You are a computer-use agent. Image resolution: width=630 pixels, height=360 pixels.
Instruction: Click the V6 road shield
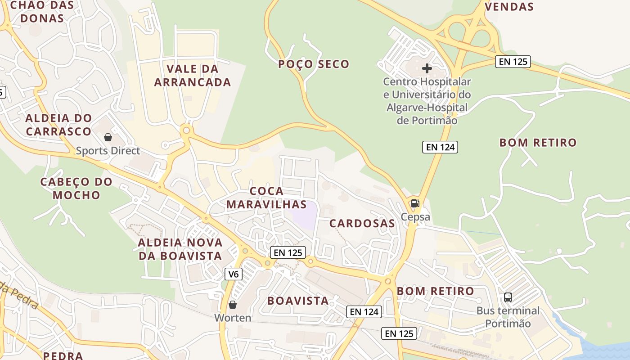pyautogui.click(x=233, y=274)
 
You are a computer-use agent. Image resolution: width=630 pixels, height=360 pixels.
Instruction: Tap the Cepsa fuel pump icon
pyautogui.click(x=415, y=203)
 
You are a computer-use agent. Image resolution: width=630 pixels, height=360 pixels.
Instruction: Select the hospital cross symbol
pyautogui.click(x=427, y=68)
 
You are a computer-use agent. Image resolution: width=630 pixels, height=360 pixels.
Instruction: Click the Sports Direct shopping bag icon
pyautogui.click(x=108, y=137)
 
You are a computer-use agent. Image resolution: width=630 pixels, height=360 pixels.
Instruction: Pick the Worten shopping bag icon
pyautogui.click(x=233, y=305)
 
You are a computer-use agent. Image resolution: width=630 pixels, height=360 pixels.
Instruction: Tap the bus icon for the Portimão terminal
pyautogui.click(x=508, y=297)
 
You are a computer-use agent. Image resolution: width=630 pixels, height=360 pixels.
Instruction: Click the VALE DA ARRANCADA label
pyautogui.click(x=193, y=76)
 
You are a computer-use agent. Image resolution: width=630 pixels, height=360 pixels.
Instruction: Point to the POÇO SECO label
pyautogui.click(x=314, y=64)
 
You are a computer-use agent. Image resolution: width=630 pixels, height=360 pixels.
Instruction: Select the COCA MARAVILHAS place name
pyautogui.click(x=266, y=198)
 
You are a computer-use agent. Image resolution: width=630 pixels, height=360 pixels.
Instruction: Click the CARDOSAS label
pyautogui.click(x=362, y=223)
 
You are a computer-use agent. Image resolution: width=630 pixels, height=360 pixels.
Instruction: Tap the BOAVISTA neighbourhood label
pyautogui.click(x=298, y=301)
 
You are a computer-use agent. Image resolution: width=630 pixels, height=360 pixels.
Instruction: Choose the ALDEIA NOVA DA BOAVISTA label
pyautogui.click(x=180, y=249)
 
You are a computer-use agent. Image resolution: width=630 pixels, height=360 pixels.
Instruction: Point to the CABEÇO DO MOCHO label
pyautogui.click(x=76, y=189)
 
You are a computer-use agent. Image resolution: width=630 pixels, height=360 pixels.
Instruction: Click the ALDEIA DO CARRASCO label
pyautogui.click(x=58, y=125)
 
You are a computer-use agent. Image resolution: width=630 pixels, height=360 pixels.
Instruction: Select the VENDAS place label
pyautogui.click(x=509, y=7)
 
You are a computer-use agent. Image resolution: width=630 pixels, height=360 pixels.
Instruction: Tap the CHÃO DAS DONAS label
pyautogui.click(x=36, y=12)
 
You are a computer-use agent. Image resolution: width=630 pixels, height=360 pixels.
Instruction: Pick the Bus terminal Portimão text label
pyautogui.click(x=508, y=317)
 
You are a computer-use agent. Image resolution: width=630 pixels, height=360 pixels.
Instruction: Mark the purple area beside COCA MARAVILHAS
pyautogui.click(x=305, y=211)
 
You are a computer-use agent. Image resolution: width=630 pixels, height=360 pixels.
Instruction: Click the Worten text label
pyautogui.click(x=233, y=318)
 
